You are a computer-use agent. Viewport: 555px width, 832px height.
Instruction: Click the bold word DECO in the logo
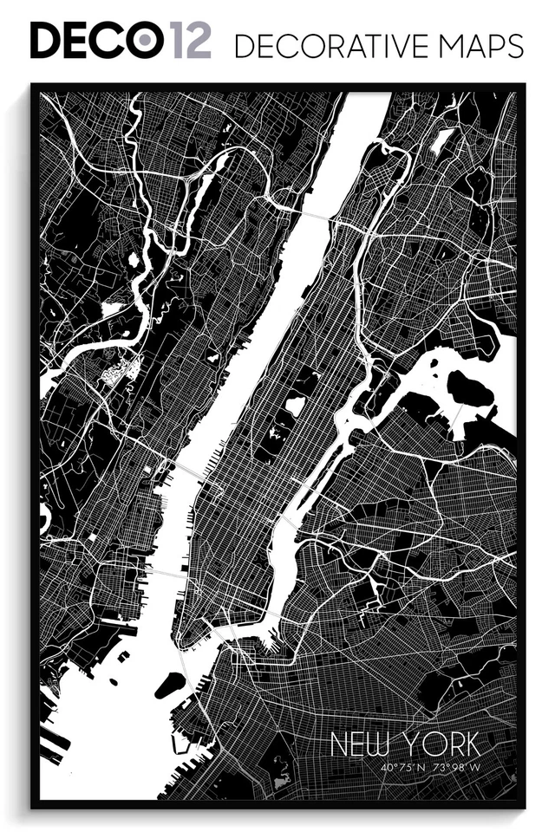pyautogui.click(x=96, y=41)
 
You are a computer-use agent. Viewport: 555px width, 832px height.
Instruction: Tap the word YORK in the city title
pyautogui.click(x=441, y=744)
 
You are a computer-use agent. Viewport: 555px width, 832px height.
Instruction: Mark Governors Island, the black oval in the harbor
pyautogui.click(x=170, y=685)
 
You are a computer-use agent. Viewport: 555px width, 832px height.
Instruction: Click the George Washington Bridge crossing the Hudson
pyautogui.click(x=316, y=211)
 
